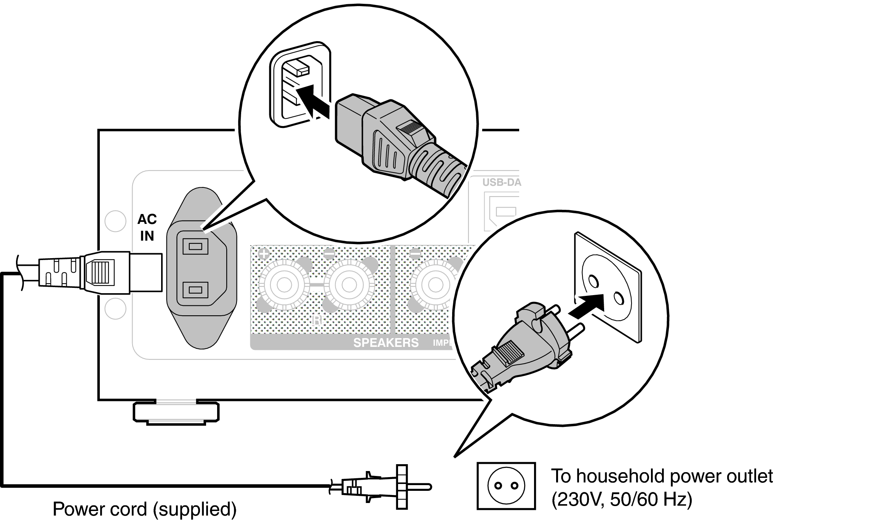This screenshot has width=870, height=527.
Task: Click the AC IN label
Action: tap(147, 227)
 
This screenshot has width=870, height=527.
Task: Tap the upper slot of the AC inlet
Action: tap(195, 246)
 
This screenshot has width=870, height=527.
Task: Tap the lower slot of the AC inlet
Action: tap(195, 290)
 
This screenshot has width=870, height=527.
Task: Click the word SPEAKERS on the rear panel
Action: tap(385, 343)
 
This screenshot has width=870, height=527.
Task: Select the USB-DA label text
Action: tap(501, 182)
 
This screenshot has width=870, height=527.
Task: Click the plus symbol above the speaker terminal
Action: tap(264, 253)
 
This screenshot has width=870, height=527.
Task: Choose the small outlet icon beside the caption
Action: tap(506, 485)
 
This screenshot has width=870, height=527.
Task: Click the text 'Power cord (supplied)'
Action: tap(144, 509)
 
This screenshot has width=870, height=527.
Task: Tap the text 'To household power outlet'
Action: tap(662, 476)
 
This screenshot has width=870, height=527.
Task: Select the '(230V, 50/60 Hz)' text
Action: tap(622, 500)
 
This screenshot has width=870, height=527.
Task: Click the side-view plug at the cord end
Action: tap(381, 487)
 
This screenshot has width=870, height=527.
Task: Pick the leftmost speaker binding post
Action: tap(284, 284)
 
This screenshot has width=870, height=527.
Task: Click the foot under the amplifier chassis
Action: tap(176, 412)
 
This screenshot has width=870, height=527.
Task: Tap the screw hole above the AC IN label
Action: tap(115, 221)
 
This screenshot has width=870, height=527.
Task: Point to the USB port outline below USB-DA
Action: tap(506, 211)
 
